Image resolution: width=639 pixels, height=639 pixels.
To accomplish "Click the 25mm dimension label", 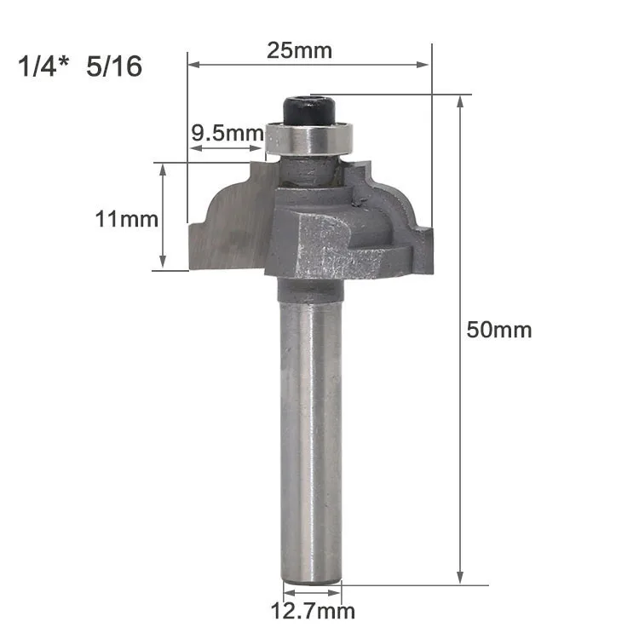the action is tap(300, 50).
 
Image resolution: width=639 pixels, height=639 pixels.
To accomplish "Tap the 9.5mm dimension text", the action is tap(227, 133).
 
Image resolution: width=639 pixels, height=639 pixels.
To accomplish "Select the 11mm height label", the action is tap(127, 219).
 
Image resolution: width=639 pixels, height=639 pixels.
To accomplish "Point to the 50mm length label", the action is tap(499, 330).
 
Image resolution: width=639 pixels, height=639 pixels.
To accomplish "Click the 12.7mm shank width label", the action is tap(313, 611).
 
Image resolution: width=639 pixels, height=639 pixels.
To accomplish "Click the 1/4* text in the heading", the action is tap(43, 66).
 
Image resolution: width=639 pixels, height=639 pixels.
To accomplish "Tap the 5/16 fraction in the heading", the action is tap(114, 66).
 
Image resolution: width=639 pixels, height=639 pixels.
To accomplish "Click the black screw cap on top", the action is tap(309, 110).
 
